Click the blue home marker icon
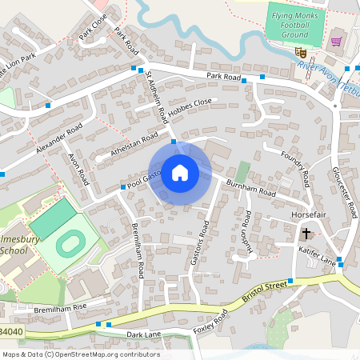coord(180,173)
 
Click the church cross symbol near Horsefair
coord(306,234)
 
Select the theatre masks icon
coord(301,53)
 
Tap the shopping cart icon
coord(337,41)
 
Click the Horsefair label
coord(306,216)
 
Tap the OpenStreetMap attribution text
coord(81,354)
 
